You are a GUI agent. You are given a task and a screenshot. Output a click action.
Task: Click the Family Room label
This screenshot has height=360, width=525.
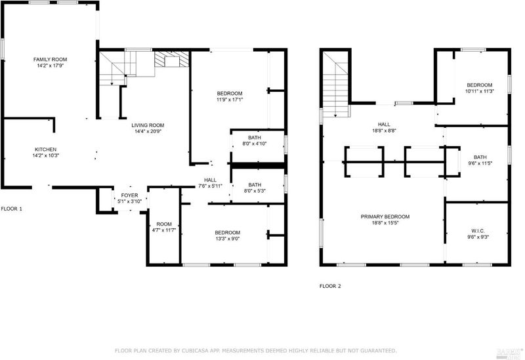click(x=51, y=60)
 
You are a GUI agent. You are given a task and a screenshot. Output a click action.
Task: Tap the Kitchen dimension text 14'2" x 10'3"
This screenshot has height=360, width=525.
click(x=46, y=155)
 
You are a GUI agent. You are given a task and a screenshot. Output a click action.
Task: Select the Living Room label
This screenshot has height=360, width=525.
click(x=148, y=125)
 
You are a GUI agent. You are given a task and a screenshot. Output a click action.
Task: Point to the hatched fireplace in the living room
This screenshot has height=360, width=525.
click(x=172, y=59)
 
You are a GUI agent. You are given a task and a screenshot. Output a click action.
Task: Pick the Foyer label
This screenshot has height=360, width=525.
click(x=129, y=195)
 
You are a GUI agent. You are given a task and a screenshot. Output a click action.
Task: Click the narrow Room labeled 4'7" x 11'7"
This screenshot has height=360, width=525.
click(x=164, y=227)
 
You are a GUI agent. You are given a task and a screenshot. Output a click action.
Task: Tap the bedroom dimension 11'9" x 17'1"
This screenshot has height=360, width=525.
click(x=229, y=100)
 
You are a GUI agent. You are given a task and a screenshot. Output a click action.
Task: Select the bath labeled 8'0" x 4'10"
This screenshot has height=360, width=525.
click(x=258, y=146)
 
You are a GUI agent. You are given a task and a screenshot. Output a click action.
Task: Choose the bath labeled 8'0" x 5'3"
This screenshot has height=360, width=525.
click(x=258, y=186)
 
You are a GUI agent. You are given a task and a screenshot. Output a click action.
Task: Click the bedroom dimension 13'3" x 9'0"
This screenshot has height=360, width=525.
click(x=227, y=239)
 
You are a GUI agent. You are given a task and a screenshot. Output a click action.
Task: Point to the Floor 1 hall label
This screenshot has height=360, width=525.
click(x=210, y=180)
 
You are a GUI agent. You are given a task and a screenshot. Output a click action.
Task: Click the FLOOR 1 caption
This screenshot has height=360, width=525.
click(x=11, y=209)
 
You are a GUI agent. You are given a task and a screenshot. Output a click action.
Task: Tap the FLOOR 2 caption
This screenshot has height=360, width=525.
click(x=330, y=286)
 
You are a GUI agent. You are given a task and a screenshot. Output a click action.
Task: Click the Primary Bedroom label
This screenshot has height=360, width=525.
click(x=385, y=217)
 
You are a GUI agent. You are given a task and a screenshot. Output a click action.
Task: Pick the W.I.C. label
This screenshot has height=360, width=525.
click(x=478, y=231)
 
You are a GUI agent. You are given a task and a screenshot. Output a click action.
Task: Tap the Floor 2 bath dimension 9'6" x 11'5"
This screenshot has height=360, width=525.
click(x=480, y=163)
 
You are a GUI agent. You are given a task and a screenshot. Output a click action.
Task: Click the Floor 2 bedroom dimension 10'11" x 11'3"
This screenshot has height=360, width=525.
click(x=480, y=91)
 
